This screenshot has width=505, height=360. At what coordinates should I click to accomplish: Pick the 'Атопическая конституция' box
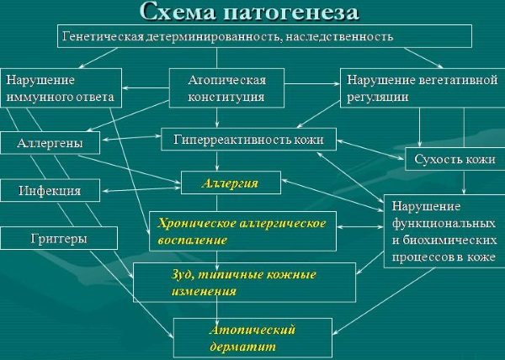227,88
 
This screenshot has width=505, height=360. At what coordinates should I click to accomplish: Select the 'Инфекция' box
50,190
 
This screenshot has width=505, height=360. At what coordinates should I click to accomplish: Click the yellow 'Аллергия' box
231,183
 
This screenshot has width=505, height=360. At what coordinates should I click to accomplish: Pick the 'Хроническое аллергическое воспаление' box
243,229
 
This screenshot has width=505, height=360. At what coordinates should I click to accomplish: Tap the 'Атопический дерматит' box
252,337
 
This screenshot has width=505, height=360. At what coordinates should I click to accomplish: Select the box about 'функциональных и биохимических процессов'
439,232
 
